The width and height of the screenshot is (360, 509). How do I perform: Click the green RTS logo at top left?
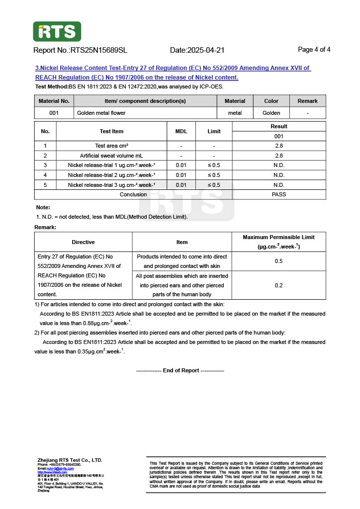click(57, 31)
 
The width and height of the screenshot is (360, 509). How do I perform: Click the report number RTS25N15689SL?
click(99, 50)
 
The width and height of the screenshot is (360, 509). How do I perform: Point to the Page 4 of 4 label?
click(314, 50)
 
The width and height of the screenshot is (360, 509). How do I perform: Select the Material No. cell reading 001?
click(54, 113)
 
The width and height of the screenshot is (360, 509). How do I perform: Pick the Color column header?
click(271, 101)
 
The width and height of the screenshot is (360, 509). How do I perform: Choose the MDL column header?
click(181, 131)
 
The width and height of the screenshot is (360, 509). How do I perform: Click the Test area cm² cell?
click(111, 146)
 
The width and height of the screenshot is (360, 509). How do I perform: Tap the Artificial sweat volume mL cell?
click(111, 156)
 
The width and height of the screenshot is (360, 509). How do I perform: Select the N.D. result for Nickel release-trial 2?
click(279, 175)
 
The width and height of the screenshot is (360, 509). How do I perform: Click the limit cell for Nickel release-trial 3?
click(214, 185)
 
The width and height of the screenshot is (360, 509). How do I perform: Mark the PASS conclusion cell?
click(279, 194)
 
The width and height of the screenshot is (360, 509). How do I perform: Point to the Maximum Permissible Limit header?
click(278, 242)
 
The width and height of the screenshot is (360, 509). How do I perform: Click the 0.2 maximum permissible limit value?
click(278, 285)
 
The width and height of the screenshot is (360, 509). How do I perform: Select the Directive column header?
click(83, 242)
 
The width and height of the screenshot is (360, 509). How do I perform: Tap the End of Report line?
click(180, 370)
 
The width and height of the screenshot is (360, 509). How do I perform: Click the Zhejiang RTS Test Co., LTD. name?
click(70, 460)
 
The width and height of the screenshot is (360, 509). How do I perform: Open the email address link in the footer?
click(60, 468)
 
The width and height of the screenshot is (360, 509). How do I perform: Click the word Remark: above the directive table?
click(45, 227)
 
